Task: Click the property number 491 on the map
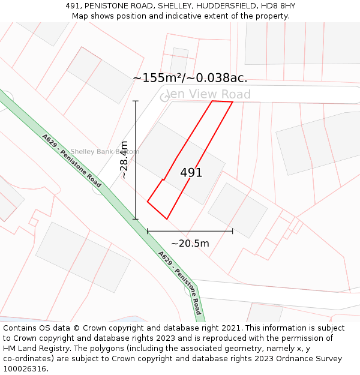point(191,173)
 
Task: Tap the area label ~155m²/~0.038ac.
point(190,78)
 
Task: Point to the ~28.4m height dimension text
point(124,160)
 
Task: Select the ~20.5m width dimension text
point(190,243)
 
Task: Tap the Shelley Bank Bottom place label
point(104,152)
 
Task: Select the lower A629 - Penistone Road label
point(180,283)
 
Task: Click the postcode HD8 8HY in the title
point(278,6)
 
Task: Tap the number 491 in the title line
point(74,6)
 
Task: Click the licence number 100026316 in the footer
point(24,369)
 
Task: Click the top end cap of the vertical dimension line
point(136,101)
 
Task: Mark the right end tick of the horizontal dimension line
point(233,230)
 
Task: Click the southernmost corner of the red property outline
point(167,219)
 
